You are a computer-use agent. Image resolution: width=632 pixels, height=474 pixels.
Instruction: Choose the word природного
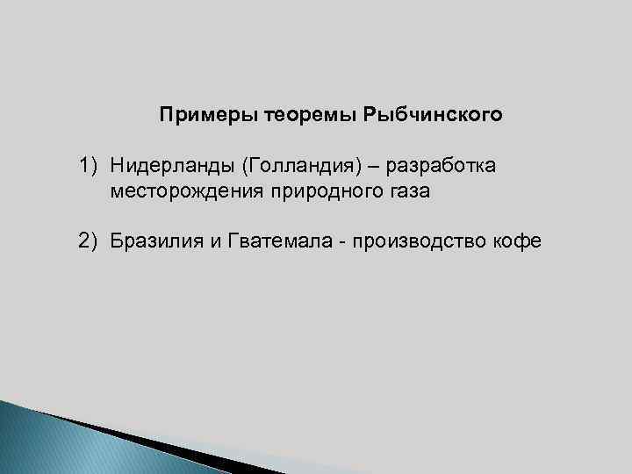pos(317,190)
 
